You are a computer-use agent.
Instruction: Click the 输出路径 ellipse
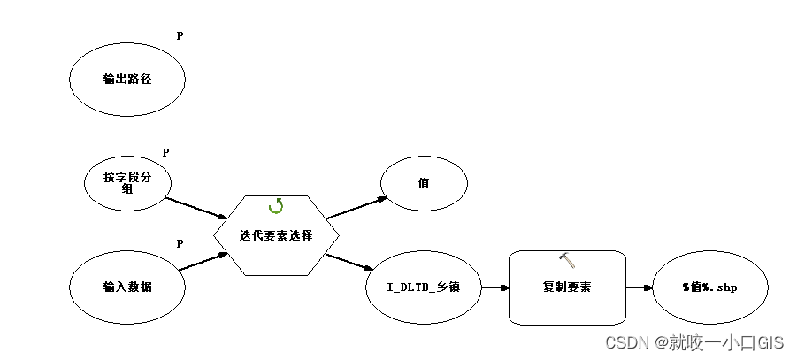click(x=127, y=79)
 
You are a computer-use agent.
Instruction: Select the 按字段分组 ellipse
click(x=127, y=183)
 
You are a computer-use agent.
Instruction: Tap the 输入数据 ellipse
click(x=127, y=287)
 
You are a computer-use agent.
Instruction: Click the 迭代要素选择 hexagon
click(x=276, y=235)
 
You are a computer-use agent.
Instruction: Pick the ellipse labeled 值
click(x=424, y=183)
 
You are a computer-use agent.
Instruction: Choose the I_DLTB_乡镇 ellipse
click(x=424, y=287)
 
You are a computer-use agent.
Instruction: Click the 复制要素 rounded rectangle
click(x=567, y=287)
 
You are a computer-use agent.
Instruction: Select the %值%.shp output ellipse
click(x=709, y=287)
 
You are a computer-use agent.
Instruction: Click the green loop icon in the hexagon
click(x=276, y=206)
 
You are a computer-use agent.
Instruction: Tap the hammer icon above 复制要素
click(x=567, y=259)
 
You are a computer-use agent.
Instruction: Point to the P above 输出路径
click(x=180, y=36)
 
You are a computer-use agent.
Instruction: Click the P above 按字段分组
click(x=165, y=153)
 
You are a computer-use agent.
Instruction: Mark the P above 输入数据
click(x=180, y=243)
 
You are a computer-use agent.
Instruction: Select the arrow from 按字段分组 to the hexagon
click(x=196, y=208)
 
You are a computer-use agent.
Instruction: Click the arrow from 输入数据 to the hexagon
click(x=202, y=262)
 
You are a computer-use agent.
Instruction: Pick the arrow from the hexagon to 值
click(x=356, y=207)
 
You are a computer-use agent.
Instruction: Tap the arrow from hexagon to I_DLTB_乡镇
click(x=350, y=262)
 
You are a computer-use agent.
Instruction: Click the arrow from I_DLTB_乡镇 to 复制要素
click(x=494, y=287)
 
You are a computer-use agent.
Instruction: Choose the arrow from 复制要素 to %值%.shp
click(x=639, y=287)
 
